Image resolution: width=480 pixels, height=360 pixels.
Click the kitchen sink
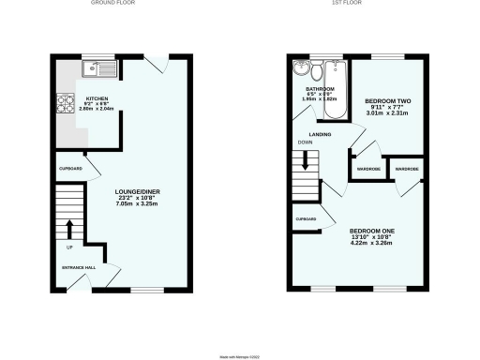tap(98, 68)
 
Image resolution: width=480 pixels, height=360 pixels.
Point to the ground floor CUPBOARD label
tap(71, 169)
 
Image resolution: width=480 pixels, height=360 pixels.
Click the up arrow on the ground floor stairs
tap(70, 227)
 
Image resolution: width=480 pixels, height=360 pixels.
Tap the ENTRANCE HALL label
tap(79, 269)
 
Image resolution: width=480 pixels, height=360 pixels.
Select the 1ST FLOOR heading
tap(354, 4)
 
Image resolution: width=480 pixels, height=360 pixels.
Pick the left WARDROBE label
tap(367, 170)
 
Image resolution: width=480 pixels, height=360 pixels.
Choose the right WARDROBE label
tap(406, 170)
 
